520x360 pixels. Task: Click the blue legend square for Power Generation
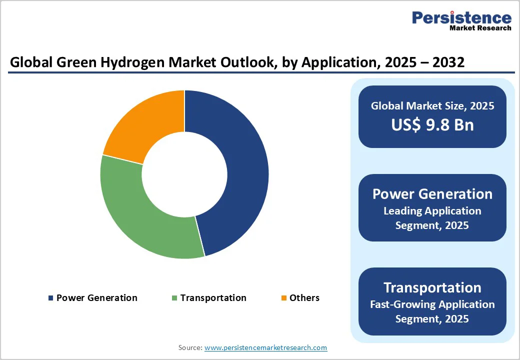(50, 298)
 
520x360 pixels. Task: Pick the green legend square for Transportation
(174, 298)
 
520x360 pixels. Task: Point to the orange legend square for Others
(283, 298)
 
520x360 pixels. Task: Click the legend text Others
(304, 298)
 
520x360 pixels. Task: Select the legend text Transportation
(213, 298)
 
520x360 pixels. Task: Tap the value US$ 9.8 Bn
(432, 124)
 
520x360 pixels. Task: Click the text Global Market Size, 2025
(432, 105)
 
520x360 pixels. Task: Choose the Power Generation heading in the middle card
(432, 194)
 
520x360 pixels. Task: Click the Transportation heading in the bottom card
(432, 287)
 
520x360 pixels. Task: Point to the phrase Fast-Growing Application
(432, 304)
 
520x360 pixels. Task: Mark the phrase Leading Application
(432, 211)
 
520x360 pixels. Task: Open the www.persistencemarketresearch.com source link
(265, 347)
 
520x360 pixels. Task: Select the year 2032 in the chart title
(447, 62)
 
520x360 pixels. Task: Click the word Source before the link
(189, 347)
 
